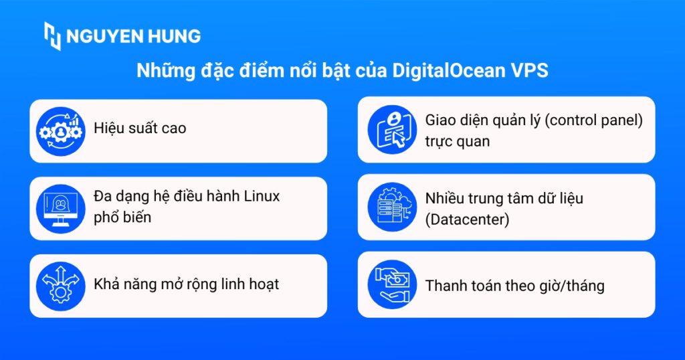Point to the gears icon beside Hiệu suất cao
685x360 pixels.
[x=61, y=130]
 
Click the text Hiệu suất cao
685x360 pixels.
[x=140, y=128]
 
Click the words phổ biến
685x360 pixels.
[x=122, y=217]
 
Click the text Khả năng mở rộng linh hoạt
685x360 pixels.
[x=186, y=284]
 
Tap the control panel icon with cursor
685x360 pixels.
[x=392, y=130]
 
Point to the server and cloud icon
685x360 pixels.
[x=392, y=207]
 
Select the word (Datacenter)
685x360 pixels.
[x=468, y=217]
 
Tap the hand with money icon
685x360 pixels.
[x=392, y=285]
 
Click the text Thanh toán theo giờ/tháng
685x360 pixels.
[x=514, y=286]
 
